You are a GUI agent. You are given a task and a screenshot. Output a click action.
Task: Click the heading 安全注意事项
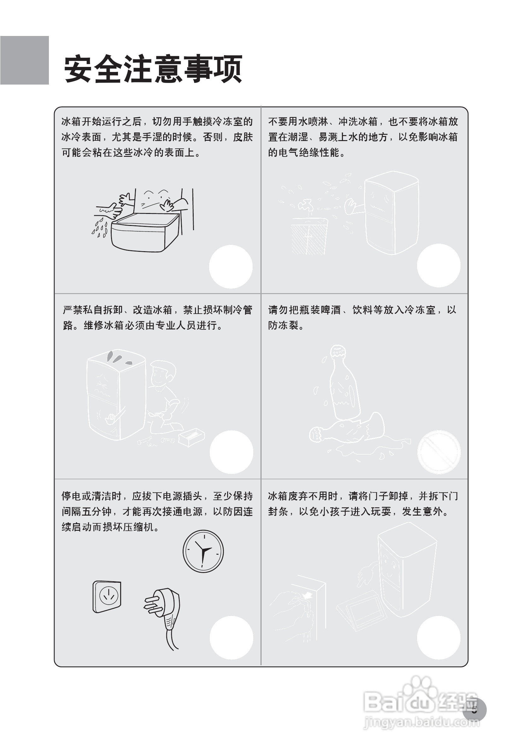(153, 69)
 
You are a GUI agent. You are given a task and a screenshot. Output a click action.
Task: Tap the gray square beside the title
(25, 60)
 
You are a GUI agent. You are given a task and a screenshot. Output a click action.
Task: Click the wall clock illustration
(203, 551)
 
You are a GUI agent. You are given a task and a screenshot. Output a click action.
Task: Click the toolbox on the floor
(191, 437)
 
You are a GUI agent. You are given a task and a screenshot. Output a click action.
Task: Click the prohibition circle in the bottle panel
(439, 452)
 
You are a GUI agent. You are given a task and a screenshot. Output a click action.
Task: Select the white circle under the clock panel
(231, 638)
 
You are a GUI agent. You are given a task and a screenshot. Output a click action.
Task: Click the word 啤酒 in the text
(330, 310)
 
